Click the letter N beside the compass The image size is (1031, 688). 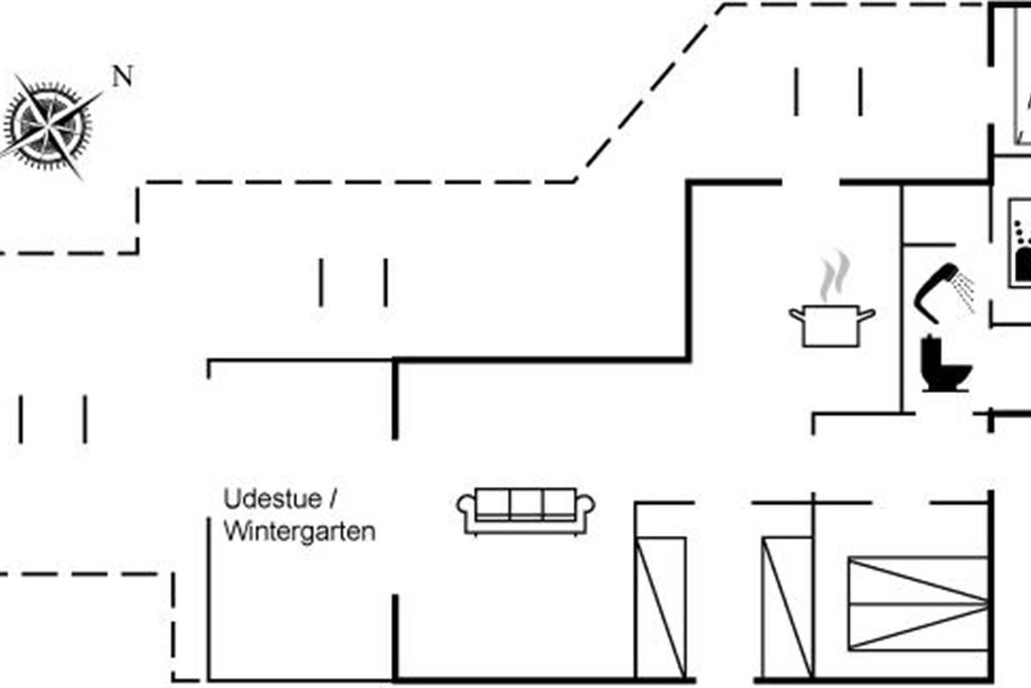pyautogui.click(x=123, y=77)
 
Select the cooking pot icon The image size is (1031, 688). pyautogui.click(x=831, y=324)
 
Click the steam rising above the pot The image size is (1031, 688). pyautogui.click(x=832, y=277)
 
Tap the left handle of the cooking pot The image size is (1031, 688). pyautogui.click(x=796, y=315)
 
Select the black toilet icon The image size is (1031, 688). pyautogui.click(x=943, y=365)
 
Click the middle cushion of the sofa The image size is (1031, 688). pyautogui.click(x=526, y=504)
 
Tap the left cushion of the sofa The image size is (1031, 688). pyautogui.click(x=493, y=504)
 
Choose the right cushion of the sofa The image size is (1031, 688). pyautogui.click(x=558, y=504)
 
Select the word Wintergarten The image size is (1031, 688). pyautogui.click(x=299, y=532)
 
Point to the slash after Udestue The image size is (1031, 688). pyautogui.click(x=334, y=499)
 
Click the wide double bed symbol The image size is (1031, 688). pyautogui.click(x=918, y=603)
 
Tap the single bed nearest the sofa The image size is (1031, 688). pyautogui.click(x=661, y=605)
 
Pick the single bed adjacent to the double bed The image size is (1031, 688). pyautogui.click(x=787, y=605)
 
